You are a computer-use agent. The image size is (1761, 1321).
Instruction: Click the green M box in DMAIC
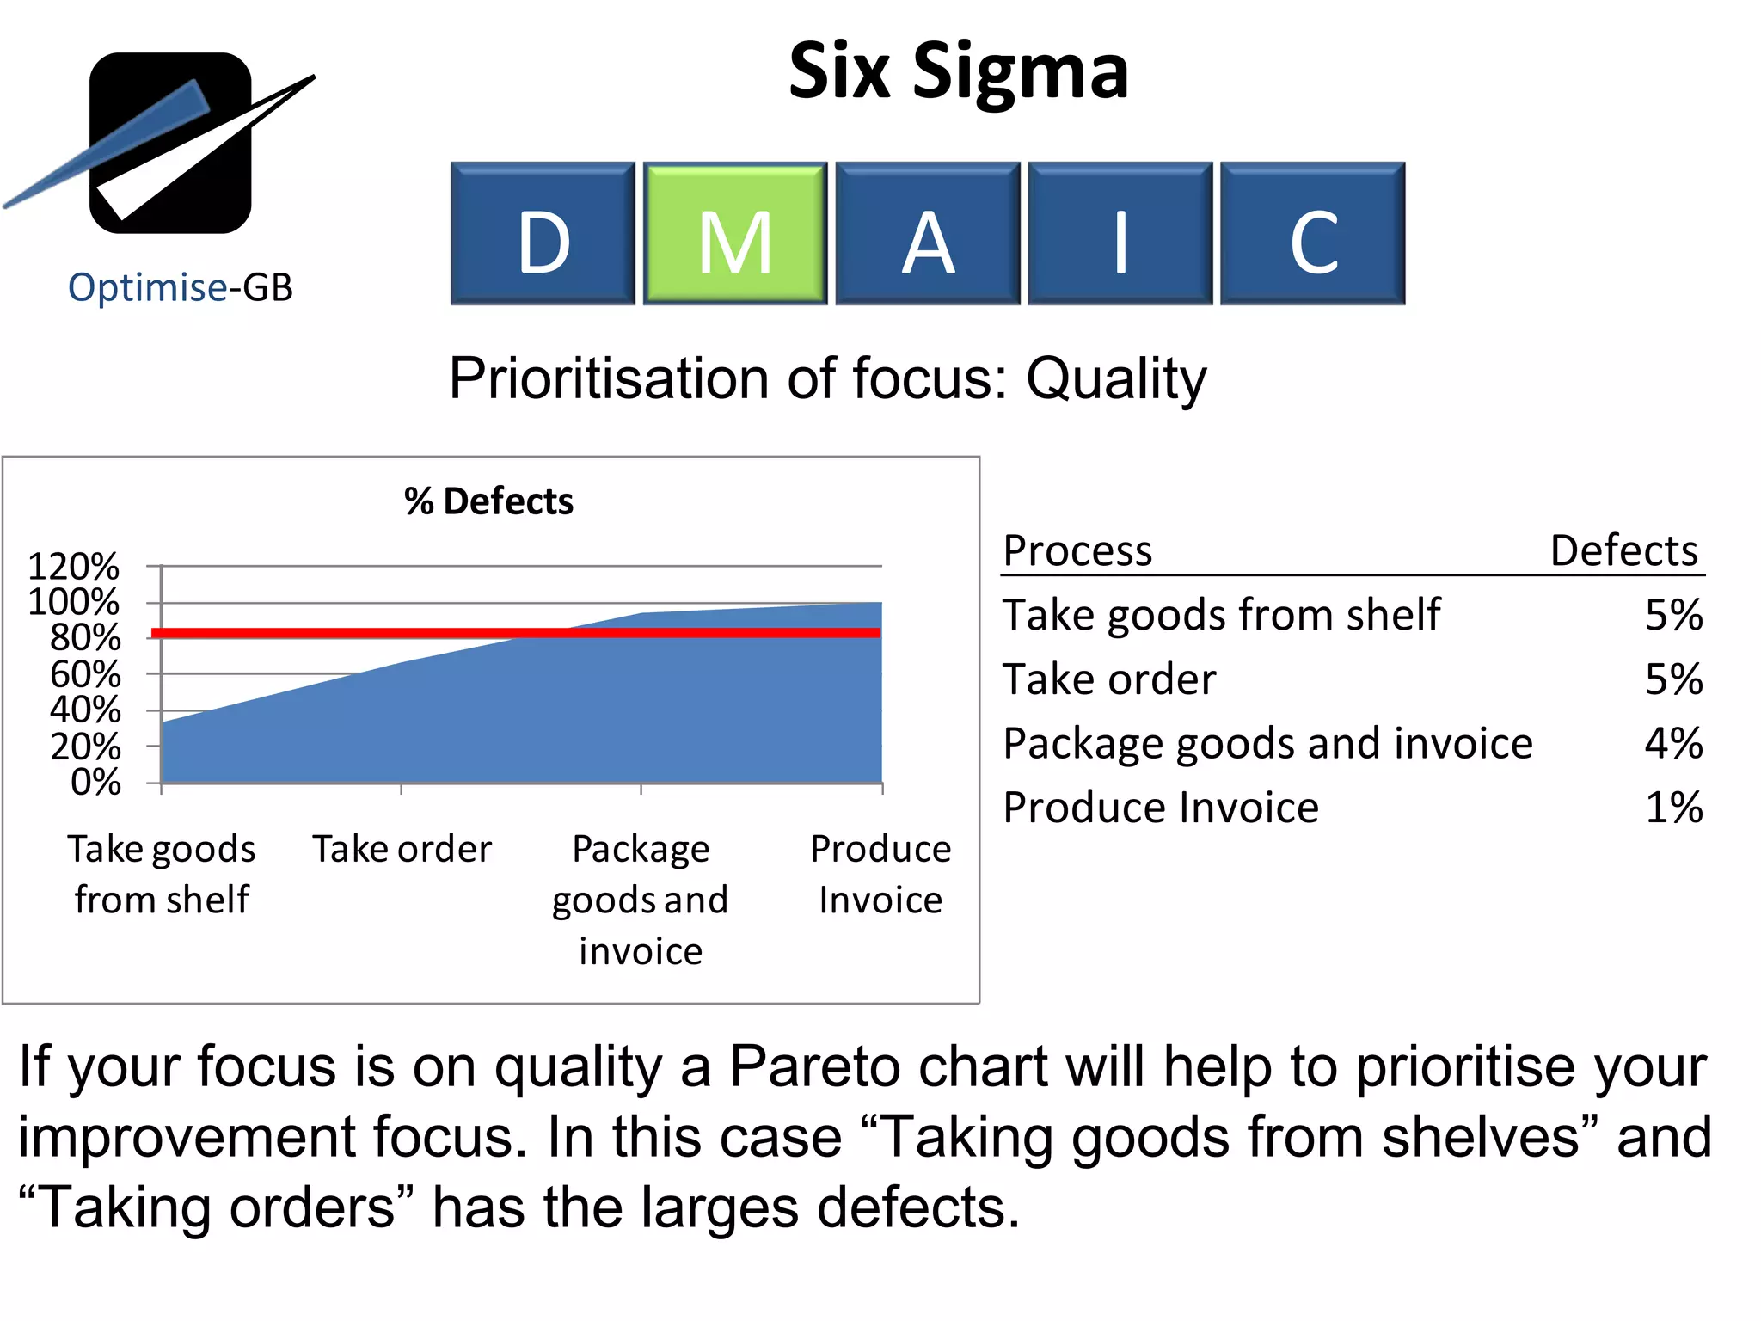tap(734, 234)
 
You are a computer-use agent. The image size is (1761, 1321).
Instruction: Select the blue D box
tap(543, 234)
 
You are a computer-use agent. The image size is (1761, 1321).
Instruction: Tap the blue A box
tap(927, 234)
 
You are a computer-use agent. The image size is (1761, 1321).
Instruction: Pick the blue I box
tap(1120, 234)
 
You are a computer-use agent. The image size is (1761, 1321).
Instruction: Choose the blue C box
tap(1312, 234)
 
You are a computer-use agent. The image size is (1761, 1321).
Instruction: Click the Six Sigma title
tap(958, 71)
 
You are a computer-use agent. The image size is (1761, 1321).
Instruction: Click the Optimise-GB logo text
tap(181, 287)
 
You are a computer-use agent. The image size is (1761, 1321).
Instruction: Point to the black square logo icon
tap(170, 143)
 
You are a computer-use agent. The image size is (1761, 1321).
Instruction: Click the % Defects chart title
tap(488, 501)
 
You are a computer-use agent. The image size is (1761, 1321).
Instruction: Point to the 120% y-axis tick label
tap(74, 567)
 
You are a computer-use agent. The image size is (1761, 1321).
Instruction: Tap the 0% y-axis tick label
tap(95, 783)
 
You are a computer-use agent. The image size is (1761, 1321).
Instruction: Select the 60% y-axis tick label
tap(85, 675)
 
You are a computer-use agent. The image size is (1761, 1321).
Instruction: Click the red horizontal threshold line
tap(516, 633)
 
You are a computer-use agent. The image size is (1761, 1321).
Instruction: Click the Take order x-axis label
tap(402, 850)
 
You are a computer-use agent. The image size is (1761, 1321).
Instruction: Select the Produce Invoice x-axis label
tap(880, 874)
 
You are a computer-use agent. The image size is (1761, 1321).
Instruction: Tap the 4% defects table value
tap(1672, 744)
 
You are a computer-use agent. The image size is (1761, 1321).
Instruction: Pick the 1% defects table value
tap(1672, 808)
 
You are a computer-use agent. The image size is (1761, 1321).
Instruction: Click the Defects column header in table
tap(1623, 550)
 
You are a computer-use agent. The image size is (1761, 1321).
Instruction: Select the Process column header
tap(1077, 550)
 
